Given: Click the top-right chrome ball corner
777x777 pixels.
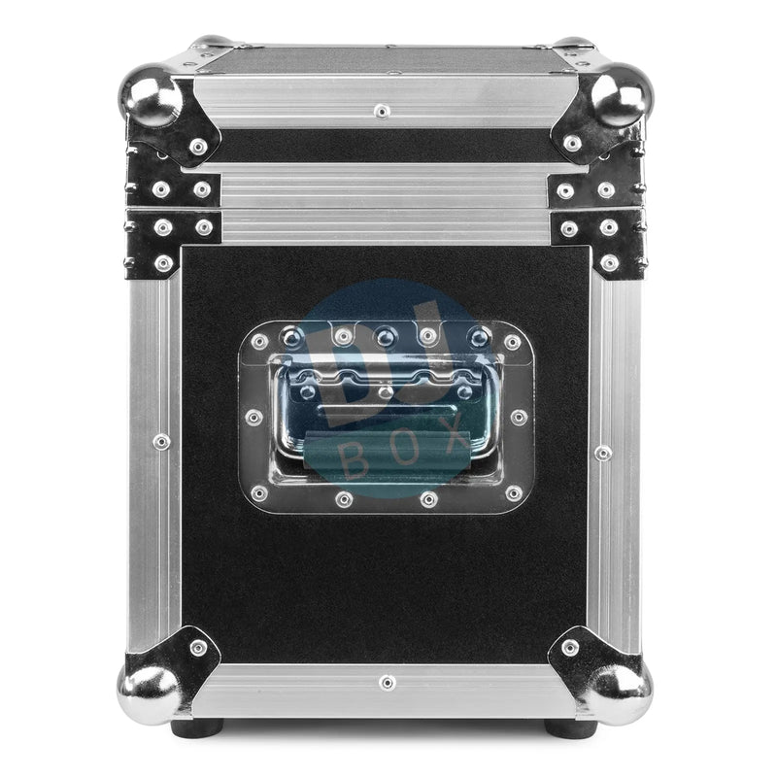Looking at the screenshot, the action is click(x=623, y=94).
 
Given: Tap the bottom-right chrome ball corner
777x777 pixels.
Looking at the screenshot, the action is click(x=621, y=693).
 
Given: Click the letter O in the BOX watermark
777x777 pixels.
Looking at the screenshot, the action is click(x=406, y=448).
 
